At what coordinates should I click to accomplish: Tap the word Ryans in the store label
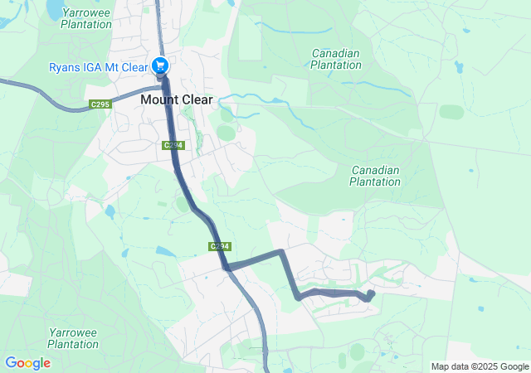[x=65, y=66]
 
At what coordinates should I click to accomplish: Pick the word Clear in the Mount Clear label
[x=195, y=99]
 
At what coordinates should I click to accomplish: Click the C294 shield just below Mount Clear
[x=173, y=145]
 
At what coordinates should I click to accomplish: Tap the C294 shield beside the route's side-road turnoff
[x=219, y=247]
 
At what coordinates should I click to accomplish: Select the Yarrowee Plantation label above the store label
[x=86, y=18]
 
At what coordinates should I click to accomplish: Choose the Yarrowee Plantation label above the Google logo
[x=75, y=337]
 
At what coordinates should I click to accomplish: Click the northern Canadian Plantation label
[x=336, y=59]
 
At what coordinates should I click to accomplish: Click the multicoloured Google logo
[x=27, y=363]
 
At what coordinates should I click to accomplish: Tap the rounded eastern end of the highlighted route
[x=370, y=294]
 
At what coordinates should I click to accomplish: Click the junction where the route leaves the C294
[x=227, y=266]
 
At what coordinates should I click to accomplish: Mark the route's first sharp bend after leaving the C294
[x=281, y=251]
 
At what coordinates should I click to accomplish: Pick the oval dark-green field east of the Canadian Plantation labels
[x=452, y=111]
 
